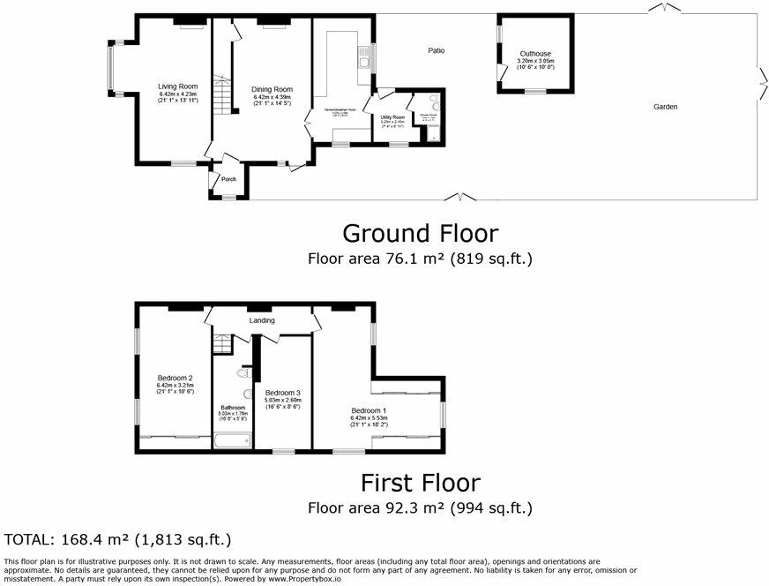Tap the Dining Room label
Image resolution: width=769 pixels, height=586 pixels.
pyautogui.click(x=272, y=89)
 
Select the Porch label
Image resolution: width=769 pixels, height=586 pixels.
pyautogui.click(x=228, y=180)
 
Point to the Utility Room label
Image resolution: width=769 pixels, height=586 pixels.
pyautogui.click(x=392, y=117)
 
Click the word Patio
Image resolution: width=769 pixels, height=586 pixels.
pyautogui.click(x=437, y=51)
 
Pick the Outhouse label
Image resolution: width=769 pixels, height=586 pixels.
pyautogui.click(x=535, y=54)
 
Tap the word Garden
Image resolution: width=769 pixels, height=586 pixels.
pyautogui.click(x=666, y=107)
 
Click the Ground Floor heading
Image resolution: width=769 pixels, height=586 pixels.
pyautogui.click(x=420, y=234)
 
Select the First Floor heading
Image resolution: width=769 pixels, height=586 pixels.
pyautogui.click(x=420, y=483)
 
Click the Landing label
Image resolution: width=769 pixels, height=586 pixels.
pyautogui.click(x=261, y=320)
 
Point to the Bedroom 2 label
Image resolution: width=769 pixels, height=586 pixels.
pyautogui.click(x=175, y=378)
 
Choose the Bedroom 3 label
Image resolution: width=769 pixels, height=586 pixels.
pyautogui.click(x=283, y=393)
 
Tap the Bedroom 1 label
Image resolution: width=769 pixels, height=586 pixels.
pyautogui.click(x=370, y=411)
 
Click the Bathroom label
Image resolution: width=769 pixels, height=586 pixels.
pyautogui.click(x=233, y=408)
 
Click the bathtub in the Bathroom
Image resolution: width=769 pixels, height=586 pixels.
pyautogui.click(x=233, y=439)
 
